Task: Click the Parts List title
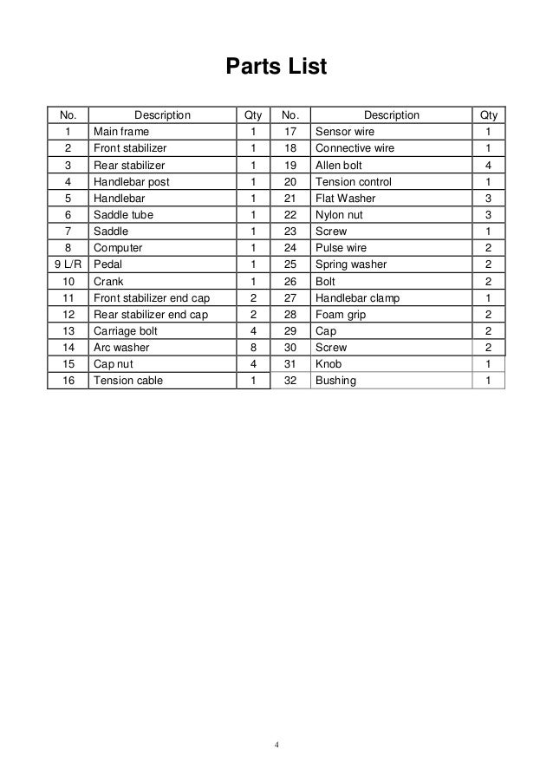pyautogui.click(x=276, y=67)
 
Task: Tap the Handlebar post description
pyautogui.click(x=132, y=182)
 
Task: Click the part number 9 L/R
pyautogui.click(x=67, y=264)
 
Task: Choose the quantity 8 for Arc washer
pyautogui.click(x=253, y=347)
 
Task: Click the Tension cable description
pyautogui.click(x=128, y=380)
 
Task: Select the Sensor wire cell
pyautogui.click(x=345, y=132)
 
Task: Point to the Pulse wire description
pyautogui.click(x=342, y=248)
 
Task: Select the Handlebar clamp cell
pyautogui.click(x=356, y=297)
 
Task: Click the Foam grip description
pyautogui.click(x=339, y=314)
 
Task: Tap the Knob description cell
pyautogui.click(x=329, y=363)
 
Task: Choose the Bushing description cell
pyautogui.click(x=335, y=380)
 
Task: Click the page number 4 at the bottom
pyautogui.click(x=276, y=744)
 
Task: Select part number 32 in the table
pyautogui.click(x=290, y=380)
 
